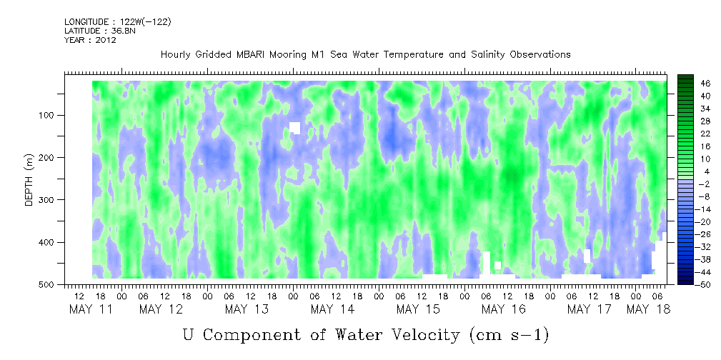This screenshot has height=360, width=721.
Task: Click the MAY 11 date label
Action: pyautogui.click(x=91, y=309)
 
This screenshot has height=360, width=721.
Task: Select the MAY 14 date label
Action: pyautogui.click(x=333, y=309)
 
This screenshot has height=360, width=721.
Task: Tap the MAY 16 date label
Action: pyautogui.click(x=504, y=309)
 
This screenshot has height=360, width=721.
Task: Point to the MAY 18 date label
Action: pyautogui.click(x=647, y=309)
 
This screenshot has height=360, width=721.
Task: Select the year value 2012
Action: pyautogui.click(x=105, y=40)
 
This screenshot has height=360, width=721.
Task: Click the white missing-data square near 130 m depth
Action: pyautogui.click(x=294, y=128)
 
